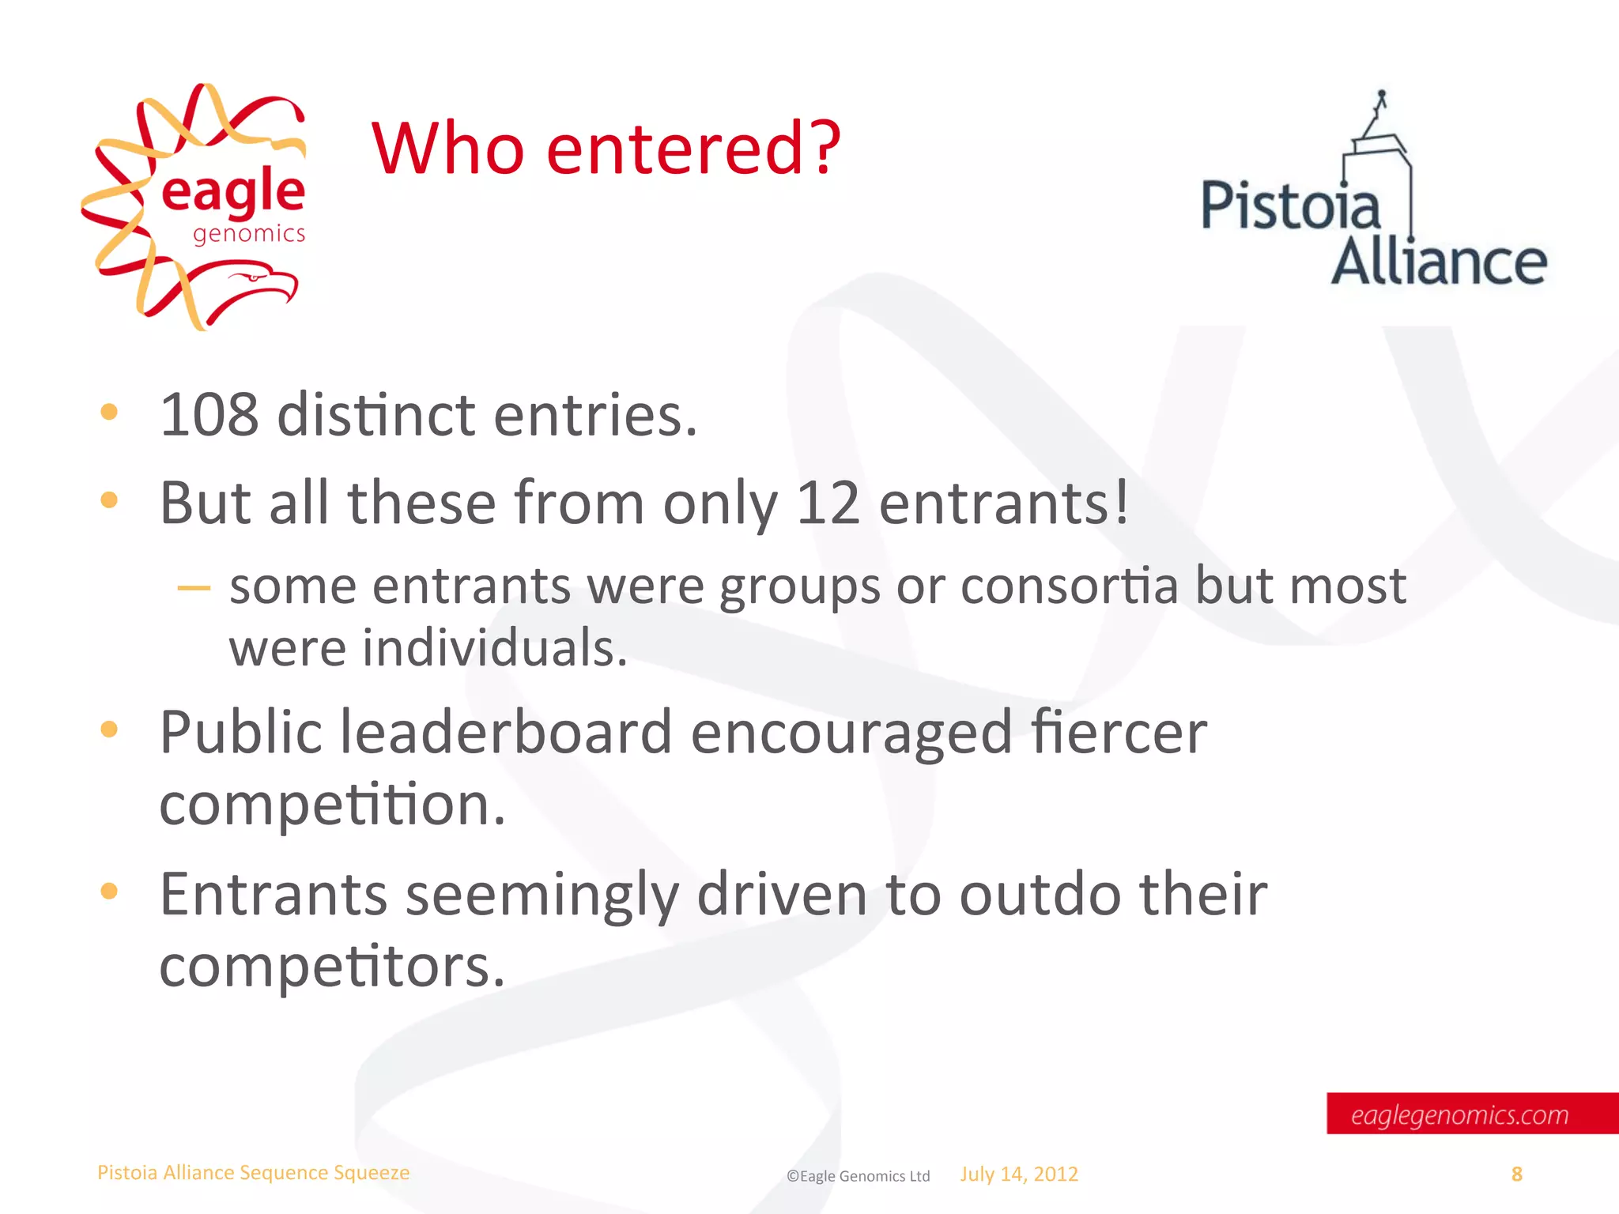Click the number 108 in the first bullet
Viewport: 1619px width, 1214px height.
(209, 415)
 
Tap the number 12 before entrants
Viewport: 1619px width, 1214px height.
(828, 503)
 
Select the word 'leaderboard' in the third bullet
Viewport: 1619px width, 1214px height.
(506, 732)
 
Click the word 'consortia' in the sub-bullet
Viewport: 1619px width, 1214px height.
(1069, 586)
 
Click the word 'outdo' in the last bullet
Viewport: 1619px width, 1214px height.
(1040, 894)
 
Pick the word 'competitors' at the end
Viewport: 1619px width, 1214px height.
(332, 967)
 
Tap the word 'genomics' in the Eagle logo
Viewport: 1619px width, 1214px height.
(249, 235)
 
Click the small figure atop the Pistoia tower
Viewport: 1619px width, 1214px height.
(1381, 101)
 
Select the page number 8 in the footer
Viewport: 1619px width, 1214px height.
(1516, 1174)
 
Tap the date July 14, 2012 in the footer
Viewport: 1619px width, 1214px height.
(1019, 1174)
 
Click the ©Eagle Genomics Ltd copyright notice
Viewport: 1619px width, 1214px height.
(858, 1176)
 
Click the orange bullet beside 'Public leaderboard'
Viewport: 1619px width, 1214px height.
(109, 730)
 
